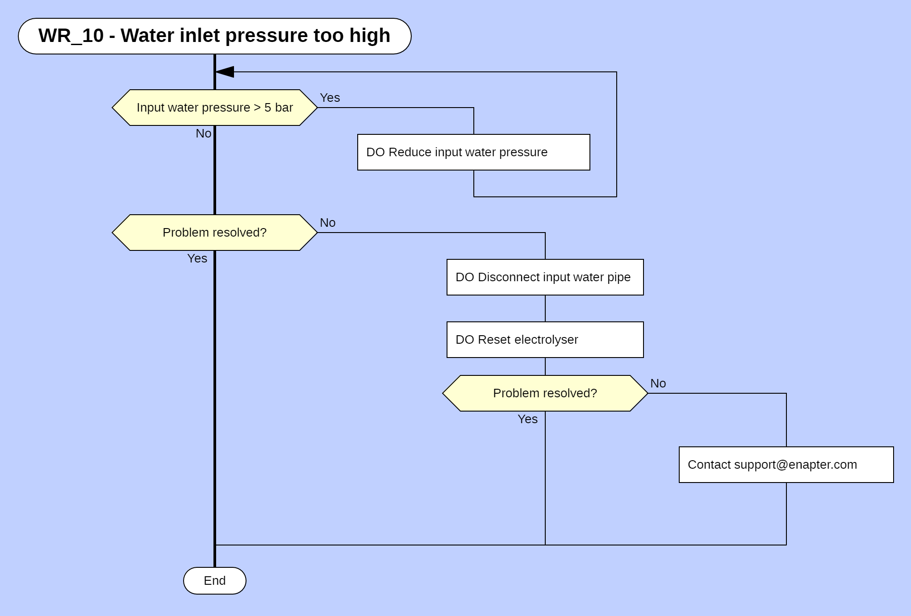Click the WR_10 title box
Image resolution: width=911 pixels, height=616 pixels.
[x=214, y=36]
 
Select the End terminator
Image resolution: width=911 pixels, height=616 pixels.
[x=214, y=580]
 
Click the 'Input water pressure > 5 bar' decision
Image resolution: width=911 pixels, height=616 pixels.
[x=214, y=108]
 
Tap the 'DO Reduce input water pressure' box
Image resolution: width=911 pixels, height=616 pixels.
[x=473, y=152]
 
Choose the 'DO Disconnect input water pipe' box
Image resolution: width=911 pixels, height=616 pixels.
[x=545, y=277]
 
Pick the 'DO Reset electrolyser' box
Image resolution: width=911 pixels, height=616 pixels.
[x=545, y=340]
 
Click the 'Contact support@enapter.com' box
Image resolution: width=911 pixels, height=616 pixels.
[x=786, y=465]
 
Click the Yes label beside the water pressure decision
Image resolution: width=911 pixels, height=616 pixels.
[x=330, y=98]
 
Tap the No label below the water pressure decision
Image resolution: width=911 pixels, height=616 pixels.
[x=203, y=133]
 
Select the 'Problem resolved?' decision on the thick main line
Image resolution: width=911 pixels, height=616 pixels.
[x=214, y=233]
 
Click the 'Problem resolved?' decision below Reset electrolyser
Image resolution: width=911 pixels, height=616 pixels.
[x=545, y=393]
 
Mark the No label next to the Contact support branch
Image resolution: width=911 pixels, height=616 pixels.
[x=658, y=383]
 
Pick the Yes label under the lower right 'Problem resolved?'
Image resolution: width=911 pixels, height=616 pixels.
[x=527, y=419]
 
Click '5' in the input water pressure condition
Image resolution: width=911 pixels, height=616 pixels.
[x=267, y=108]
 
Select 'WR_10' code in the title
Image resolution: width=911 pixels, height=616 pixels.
[x=71, y=36]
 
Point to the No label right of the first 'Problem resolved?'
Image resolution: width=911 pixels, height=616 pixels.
[x=327, y=223]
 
